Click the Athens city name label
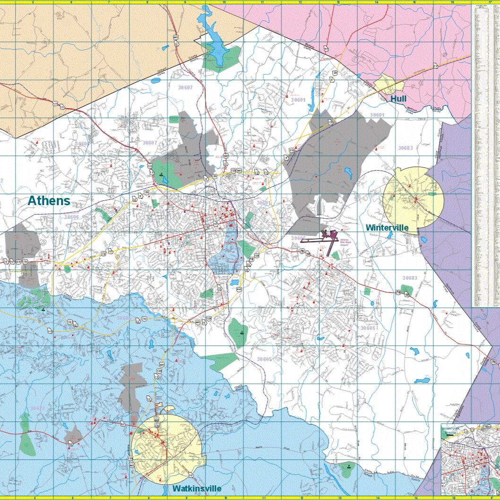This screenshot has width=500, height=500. (49, 201)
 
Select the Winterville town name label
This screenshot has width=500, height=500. (387, 228)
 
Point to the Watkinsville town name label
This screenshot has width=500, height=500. (196, 488)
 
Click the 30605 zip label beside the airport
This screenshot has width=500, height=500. (299, 238)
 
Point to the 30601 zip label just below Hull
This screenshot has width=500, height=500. (377, 115)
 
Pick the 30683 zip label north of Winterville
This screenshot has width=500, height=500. (405, 148)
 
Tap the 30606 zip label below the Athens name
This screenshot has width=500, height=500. (71, 217)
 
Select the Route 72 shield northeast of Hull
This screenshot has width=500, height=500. (435, 67)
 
